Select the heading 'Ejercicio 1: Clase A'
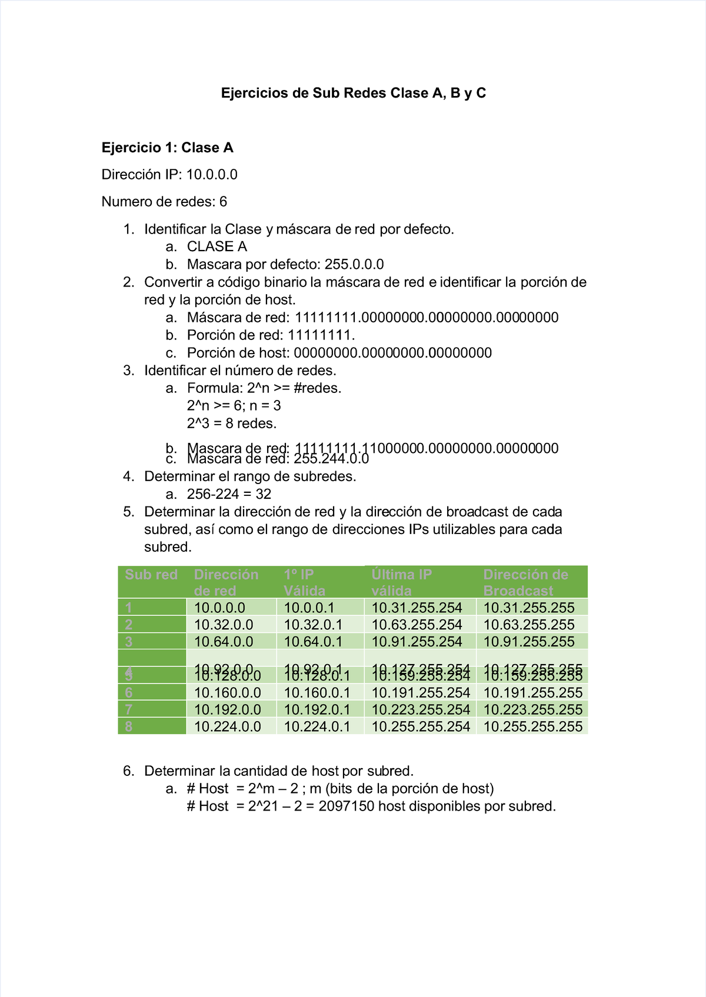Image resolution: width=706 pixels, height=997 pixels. (x=167, y=148)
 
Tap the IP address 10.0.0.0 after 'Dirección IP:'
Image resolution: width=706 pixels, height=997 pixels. (x=212, y=175)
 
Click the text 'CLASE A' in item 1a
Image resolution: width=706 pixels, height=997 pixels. (x=217, y=246)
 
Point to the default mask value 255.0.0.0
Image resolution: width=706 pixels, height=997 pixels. (x=354, y=264)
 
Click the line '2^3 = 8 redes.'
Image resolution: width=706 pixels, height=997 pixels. (x=232, y=424)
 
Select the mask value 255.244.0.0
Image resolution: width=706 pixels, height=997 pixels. (x=331, y=459)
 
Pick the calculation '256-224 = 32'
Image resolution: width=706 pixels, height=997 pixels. (x=229, y=494)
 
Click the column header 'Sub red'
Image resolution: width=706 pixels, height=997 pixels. (x=151, y=575)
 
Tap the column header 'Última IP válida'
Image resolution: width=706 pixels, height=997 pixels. (x=401, y=582)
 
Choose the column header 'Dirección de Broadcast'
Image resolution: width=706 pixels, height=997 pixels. (x=525, y=582)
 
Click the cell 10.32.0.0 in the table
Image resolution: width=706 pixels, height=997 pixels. (x=224, y=625)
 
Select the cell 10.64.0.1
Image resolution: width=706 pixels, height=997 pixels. (x=313, y=642)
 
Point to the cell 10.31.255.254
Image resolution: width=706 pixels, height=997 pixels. (x=417, y=608)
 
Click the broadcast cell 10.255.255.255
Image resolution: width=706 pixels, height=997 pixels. (x=532, y=726)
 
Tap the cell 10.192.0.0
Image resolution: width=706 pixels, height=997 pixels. (x=227, y=709)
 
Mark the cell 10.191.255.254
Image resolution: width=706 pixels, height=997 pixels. (x=421, y=692)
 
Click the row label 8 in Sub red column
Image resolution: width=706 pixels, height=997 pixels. (x=129, y=726)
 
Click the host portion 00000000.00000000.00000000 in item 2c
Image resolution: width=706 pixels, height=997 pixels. (x=392, y=353)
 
